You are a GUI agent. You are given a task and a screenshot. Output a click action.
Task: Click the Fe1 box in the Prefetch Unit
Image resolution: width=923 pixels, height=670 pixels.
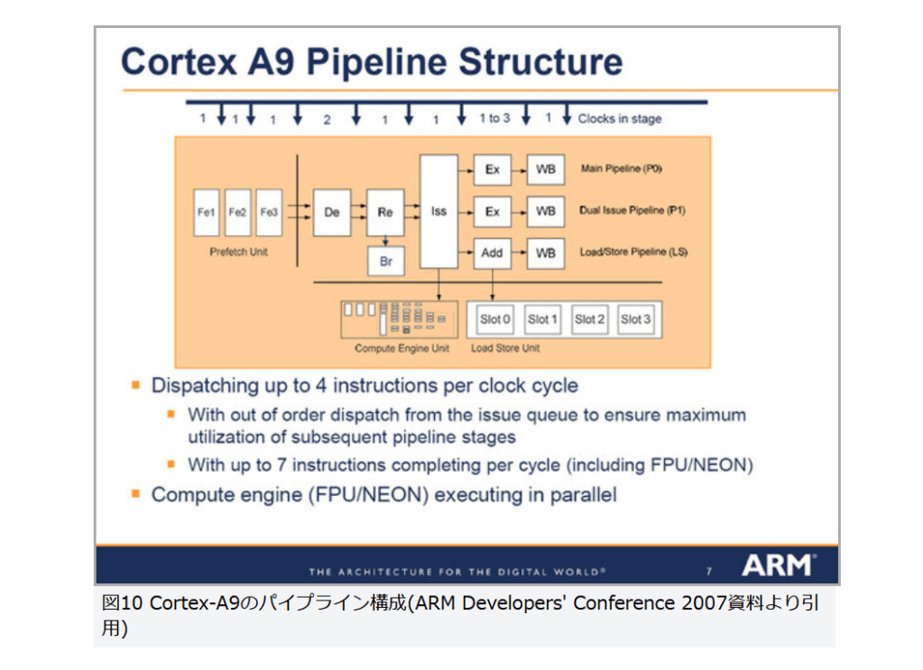[x=207, y=213]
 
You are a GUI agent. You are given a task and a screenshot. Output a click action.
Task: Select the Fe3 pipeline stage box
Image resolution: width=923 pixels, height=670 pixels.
[x=269, y=213]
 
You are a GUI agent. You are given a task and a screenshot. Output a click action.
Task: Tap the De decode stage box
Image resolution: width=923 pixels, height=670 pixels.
[x=331, y=213]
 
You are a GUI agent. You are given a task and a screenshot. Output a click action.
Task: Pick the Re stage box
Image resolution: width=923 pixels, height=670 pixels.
[x=385, y=213]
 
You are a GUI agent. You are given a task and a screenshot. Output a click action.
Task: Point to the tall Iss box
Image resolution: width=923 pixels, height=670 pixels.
[x=438, y=212]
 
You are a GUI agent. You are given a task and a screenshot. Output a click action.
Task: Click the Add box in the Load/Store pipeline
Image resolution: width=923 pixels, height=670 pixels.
[x=492, y=253]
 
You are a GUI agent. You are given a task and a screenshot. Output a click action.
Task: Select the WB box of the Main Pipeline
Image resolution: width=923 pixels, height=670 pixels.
[x=546, y=170]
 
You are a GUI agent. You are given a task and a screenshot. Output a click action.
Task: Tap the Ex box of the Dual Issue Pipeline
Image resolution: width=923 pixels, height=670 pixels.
[x=492, y=212]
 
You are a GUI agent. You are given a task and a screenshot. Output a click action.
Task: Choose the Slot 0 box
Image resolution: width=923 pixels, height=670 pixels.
[x=495, y=319]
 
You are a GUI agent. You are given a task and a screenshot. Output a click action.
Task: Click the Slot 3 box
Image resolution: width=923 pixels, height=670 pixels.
[x=635, y=319]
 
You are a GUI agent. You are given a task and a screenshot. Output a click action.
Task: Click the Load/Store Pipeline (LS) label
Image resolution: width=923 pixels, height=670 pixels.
[x=632, y=252]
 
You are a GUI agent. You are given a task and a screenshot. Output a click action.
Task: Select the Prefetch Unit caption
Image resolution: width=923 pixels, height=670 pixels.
[x=238, y=252]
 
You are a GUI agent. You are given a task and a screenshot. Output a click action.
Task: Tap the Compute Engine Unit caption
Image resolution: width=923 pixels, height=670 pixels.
[x=402, y=348]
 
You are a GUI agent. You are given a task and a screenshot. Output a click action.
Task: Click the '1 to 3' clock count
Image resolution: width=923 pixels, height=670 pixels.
[x=494, y=118]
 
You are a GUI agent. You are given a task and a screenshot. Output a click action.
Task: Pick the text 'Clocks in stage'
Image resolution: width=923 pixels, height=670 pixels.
[x=620, y=119]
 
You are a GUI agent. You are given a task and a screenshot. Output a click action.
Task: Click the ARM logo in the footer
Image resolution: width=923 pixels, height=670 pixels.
[x=778, y=566]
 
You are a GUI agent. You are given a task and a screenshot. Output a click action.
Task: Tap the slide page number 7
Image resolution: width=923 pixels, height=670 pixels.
[x=708, y=571]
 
